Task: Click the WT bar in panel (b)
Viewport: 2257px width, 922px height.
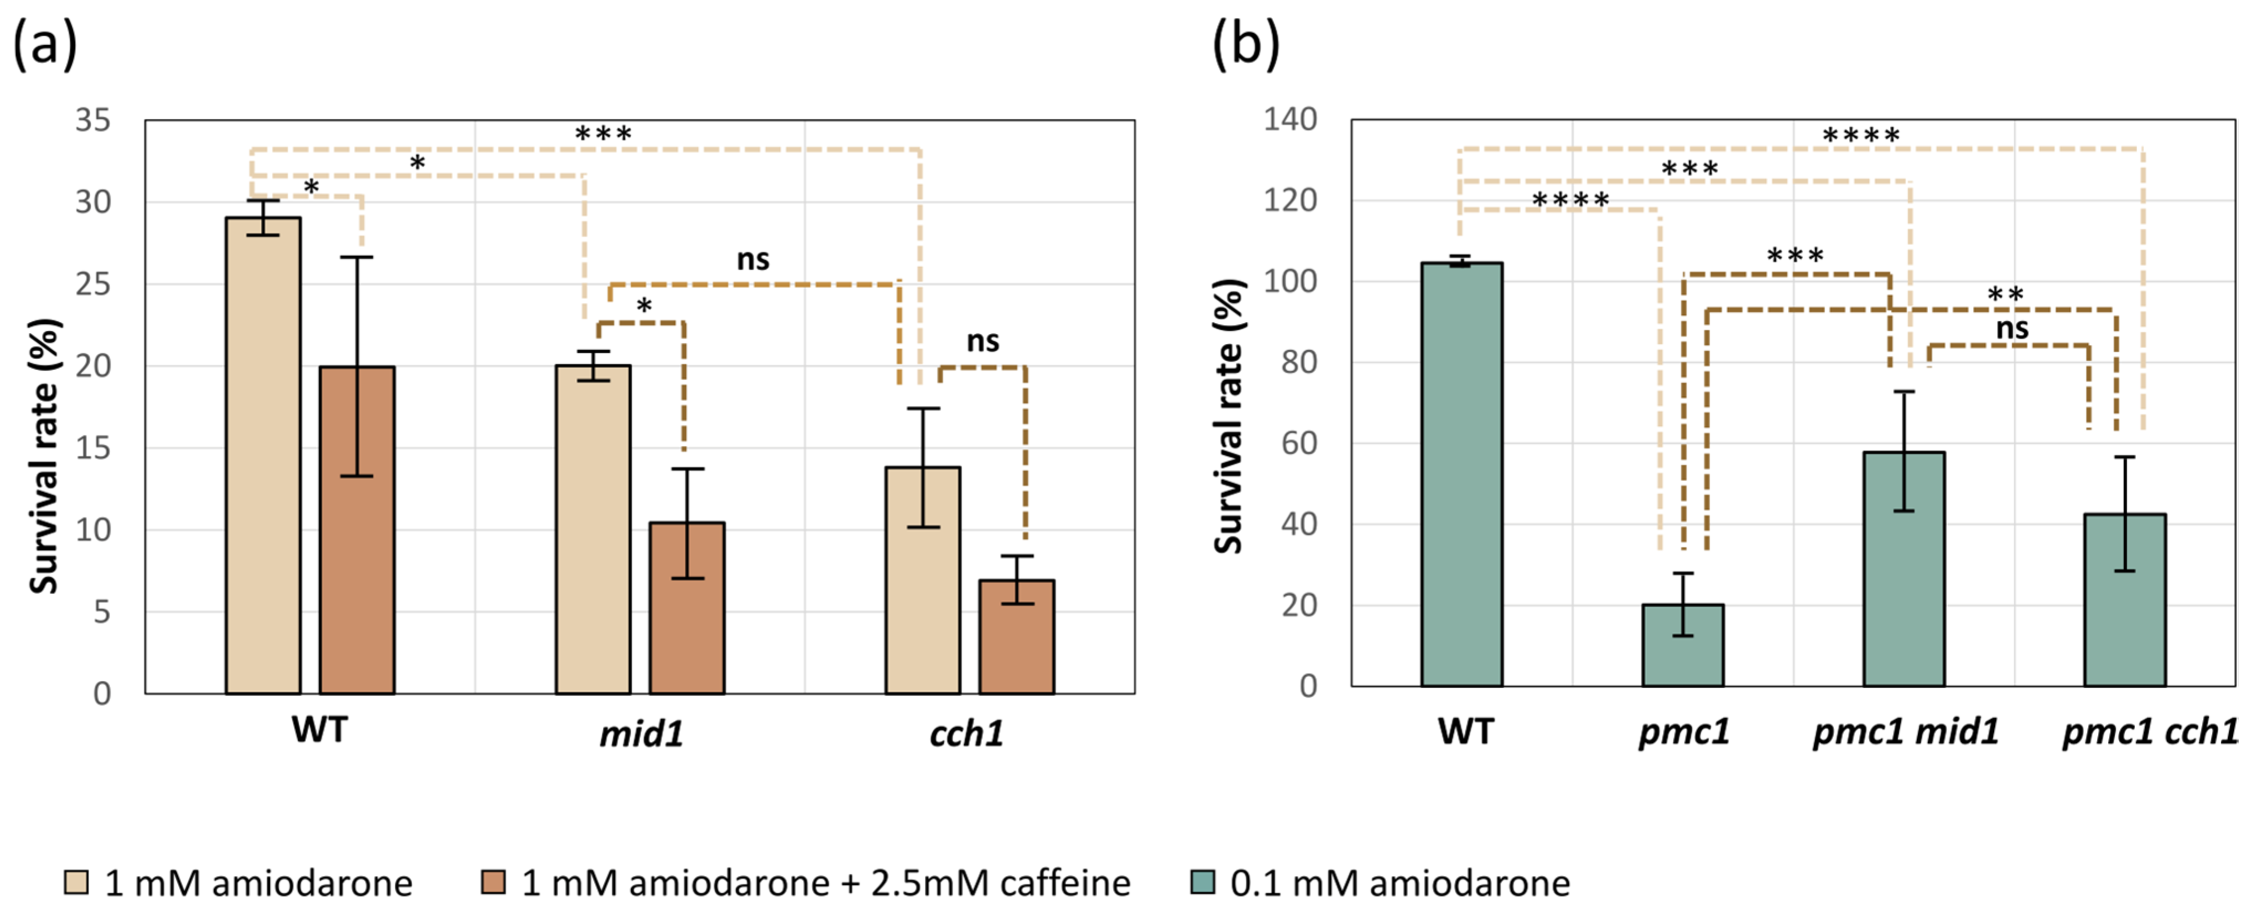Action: [1462, 473]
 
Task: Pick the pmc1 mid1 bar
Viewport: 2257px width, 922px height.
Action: [1904, 569]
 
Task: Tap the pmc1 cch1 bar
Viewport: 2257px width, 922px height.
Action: [2125, 600]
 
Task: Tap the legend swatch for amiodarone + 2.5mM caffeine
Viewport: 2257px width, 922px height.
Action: [493, 882]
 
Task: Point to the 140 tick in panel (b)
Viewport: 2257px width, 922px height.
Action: [1289, 119]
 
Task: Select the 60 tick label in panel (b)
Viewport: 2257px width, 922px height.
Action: [1298, 443]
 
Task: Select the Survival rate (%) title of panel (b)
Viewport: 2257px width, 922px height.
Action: [1229, 416]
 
